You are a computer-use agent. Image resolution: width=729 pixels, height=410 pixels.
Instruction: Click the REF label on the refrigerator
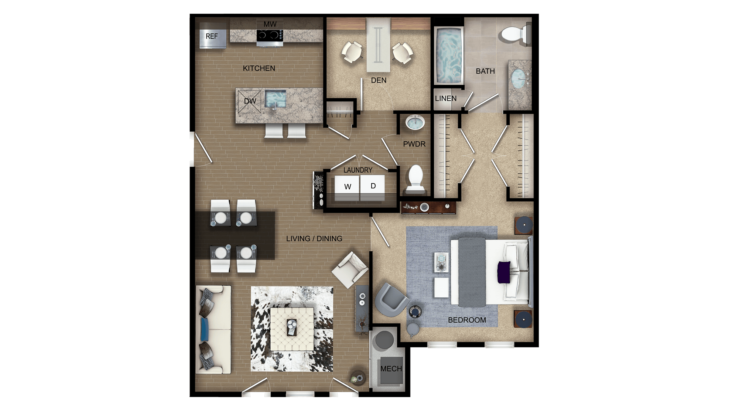coord(211,36)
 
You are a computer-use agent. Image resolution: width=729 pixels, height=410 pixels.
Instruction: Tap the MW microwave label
coord(270,24)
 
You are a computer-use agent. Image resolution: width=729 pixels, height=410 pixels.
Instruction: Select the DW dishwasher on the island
coord(249,101)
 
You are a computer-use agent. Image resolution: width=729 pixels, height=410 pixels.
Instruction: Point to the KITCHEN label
coord(259,68)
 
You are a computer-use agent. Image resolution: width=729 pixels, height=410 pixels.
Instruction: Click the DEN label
coord(379,80)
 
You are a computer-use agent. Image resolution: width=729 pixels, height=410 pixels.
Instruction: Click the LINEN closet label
coord(446,98)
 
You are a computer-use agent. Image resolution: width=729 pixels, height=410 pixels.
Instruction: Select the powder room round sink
coord(415,123)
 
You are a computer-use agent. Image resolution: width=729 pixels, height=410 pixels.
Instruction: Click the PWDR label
coord(414,144)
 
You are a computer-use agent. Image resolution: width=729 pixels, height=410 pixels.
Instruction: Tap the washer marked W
coord(347,187)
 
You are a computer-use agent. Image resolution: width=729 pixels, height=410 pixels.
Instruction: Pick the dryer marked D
coord(373,186)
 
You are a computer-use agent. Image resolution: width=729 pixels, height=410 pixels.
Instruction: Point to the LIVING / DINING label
coord(314,239)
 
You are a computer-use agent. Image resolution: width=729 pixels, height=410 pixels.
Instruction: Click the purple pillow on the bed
coord(504,272)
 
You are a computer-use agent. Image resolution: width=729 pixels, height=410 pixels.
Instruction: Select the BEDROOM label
coord(467,320)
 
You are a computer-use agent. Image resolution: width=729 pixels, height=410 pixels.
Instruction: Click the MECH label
coord(391,369)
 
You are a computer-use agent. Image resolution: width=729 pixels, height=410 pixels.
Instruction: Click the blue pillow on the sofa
coord(205,329)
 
